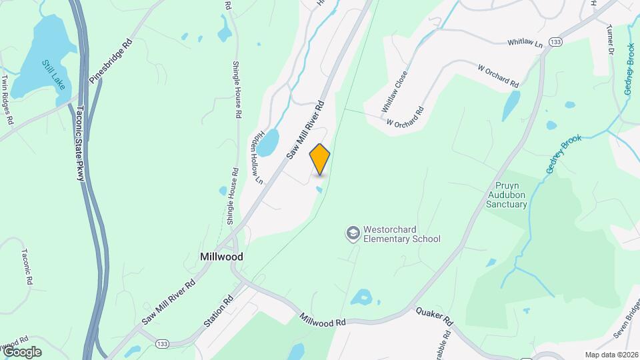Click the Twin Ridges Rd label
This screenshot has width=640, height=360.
click(7, 99)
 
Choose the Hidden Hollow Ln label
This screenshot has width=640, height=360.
click(257, 155)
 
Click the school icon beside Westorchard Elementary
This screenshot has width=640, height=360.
click(351, 233)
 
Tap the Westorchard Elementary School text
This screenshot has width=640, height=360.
click(401, 233)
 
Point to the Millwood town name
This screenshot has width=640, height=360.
click(221, 257)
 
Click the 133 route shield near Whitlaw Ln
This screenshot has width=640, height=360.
click(555, 42)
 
